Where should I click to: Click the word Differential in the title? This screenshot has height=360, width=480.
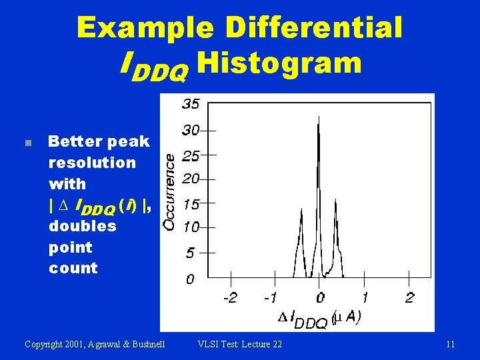coord(314,28)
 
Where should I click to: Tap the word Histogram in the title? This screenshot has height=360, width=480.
coord(279,63)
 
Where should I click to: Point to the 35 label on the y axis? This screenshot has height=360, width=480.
coord(190,105)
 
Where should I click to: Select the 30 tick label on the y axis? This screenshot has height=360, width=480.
coord(191,130)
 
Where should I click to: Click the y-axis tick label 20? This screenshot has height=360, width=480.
coord(191,179)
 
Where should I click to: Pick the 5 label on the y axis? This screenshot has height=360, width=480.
coord(190,253)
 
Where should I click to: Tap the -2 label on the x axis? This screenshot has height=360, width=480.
coord(230,297)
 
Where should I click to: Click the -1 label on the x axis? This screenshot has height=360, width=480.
coord(271,297)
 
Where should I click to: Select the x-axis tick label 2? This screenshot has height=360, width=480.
coord(409,297)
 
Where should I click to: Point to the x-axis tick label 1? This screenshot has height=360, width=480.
coord(365,297)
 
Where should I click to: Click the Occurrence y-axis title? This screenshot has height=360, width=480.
coord(171,192)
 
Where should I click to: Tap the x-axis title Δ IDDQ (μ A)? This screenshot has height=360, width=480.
coord(319,319)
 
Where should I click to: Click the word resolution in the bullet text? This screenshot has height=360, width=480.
coord(91,163)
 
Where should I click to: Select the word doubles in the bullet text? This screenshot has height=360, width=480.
coord(82,226)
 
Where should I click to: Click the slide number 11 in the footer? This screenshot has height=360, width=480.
coord(450,345)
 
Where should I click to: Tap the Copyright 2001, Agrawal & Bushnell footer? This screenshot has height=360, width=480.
coord(95,345)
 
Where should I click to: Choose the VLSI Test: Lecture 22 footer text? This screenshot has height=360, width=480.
coord(240,345)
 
